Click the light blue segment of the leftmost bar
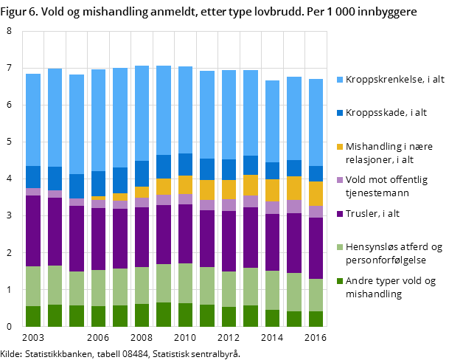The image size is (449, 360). [33, 120]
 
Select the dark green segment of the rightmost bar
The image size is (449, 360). [316, 319]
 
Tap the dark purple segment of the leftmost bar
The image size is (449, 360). [33, 231]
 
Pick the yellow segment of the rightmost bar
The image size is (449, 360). [316, 193]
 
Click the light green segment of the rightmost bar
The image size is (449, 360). [316, 295]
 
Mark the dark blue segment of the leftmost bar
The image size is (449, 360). [33, 177]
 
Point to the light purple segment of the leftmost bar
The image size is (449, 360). [33, 192]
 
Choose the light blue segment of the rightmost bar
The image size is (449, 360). [316, 122]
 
